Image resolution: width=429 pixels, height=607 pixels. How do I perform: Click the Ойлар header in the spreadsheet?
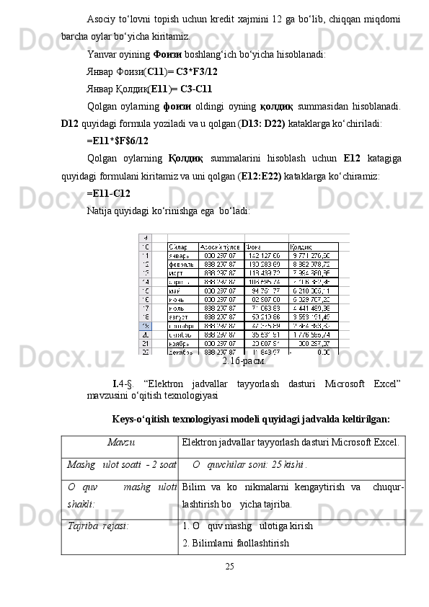179,246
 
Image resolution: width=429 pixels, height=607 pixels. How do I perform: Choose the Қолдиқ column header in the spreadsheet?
301,246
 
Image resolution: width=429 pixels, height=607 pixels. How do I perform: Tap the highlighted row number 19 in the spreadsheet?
144,326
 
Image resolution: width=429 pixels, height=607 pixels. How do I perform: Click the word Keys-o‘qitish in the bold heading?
142,419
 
